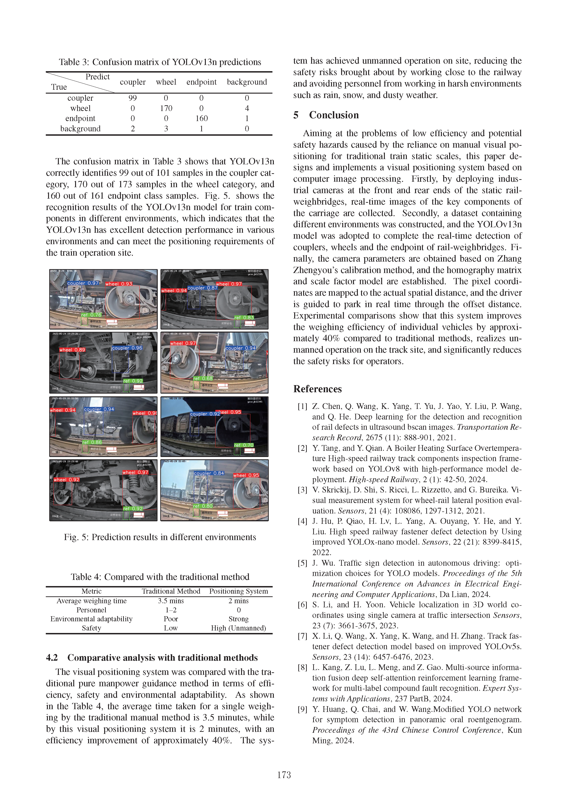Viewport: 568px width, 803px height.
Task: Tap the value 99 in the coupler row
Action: pos(133,98)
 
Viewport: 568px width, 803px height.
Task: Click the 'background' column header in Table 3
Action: pos(247,82)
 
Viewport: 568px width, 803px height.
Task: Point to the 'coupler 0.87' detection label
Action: pos(202,288)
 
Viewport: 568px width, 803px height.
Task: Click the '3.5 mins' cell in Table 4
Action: pos(171,601)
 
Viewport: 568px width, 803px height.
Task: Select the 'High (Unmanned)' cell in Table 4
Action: pos(238,628)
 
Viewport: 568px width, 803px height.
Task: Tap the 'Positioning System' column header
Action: pos(238,591)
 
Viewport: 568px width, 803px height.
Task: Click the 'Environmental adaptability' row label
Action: pos(91,619)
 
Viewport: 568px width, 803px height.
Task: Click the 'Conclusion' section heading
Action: pos(334,115)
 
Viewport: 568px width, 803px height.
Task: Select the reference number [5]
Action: pos(302,563)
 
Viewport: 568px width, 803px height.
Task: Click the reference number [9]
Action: pos(302,709)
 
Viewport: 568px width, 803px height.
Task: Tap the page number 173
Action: pos(284,775)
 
